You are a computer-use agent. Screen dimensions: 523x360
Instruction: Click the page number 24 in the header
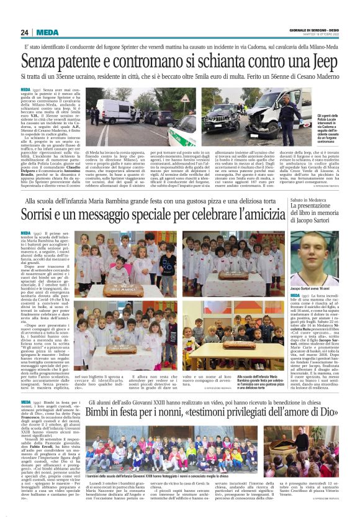[25, 32]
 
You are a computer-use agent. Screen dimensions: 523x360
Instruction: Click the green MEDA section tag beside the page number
[47, 32]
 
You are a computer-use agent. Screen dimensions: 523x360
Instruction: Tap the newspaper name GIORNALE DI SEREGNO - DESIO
[313, 30]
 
